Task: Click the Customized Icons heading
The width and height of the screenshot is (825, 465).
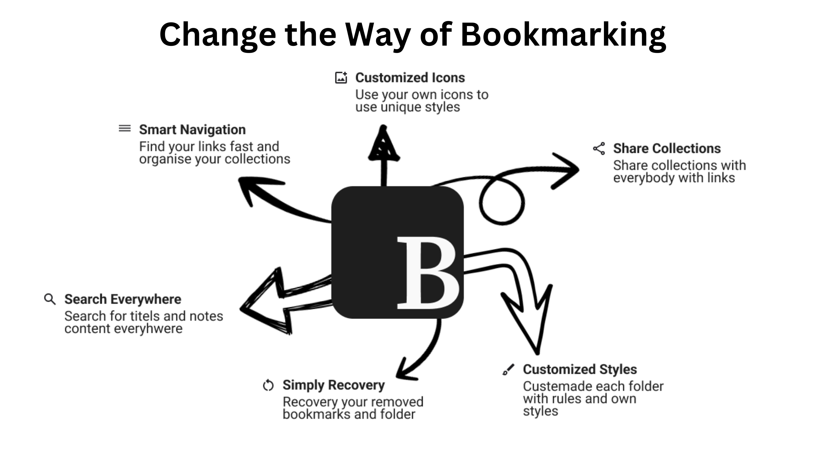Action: tap(410, 78)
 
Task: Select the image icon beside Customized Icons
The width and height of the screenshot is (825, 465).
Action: tap(341, 78)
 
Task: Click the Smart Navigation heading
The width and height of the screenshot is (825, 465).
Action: tap(192, 130)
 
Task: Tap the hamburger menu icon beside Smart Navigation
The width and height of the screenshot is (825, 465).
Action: tap(125, 129)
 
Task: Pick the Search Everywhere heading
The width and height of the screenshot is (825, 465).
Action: tap(123, 299)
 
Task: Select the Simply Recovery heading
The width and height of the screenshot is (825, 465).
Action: tap(333, 385)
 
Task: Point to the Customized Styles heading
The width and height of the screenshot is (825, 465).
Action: tap(580, 369)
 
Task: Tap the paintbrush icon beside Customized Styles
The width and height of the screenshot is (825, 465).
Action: tap(508, 369)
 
